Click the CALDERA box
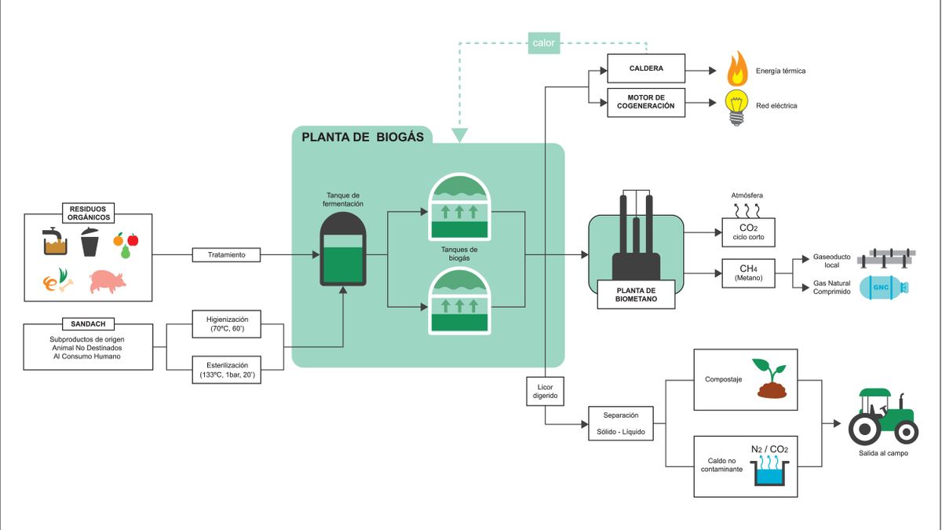(x=646, y=68)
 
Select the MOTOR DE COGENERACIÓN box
(x=646, y=102)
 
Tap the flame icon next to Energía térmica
(x=738, y=68)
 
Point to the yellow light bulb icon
(x=736, y=108)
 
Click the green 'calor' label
(x=544, y=43)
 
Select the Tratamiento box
(x=226, y=255)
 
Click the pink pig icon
(x=108, y=281)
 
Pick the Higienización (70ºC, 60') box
(x=226, y=323)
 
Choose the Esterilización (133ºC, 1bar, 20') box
(x=226, y=370)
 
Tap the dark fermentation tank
(x=343, y=249)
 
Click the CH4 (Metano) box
(x=749, y=273)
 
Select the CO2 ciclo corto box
(x=749, y=232)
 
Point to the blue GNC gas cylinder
(x=883, y=287)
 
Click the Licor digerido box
(x=545, y=391)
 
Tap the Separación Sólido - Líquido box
(x=621, y=423)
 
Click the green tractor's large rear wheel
(x=864, y=429)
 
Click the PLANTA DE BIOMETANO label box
(x=636, y=294)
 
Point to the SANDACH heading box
(x=88, y=323)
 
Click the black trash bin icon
(x=89, y=242)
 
